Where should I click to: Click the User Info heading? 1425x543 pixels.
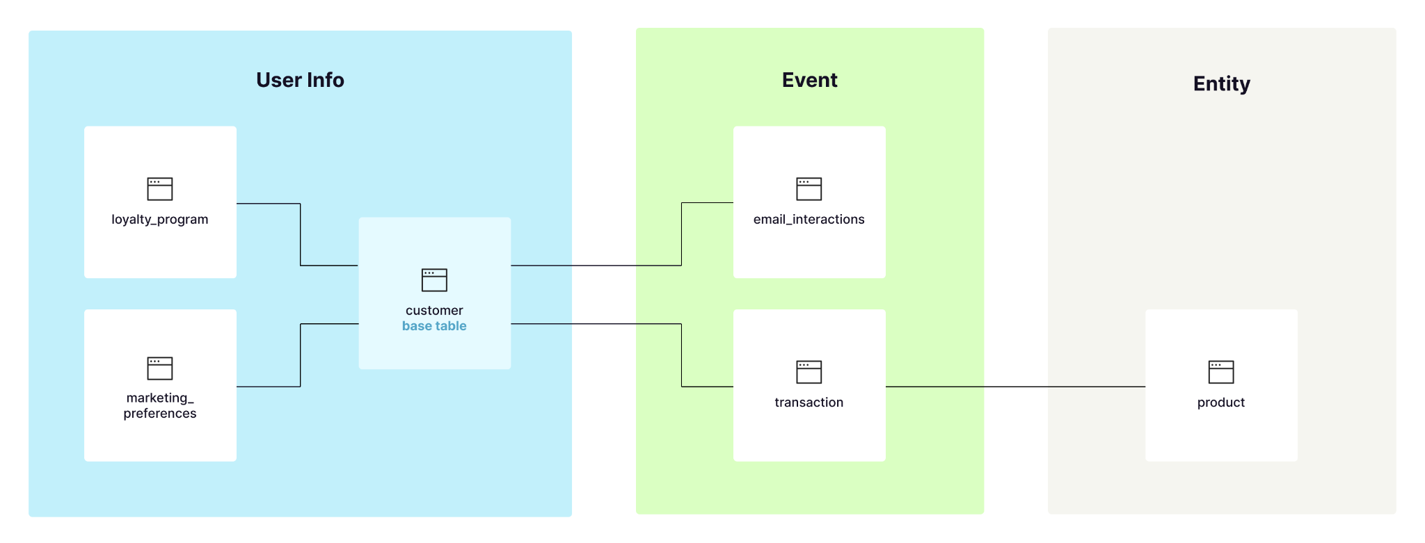coord(300,80)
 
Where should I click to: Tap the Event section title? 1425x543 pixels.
coord(809,80)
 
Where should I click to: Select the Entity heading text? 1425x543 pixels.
coord(1221,83)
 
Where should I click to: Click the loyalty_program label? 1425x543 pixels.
coord(159,220)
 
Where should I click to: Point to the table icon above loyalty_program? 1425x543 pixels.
coord(159,188)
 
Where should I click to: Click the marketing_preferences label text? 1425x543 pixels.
coord(159,405)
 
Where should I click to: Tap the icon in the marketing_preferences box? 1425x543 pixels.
coord(159,368)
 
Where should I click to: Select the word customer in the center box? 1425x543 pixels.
coord(434,310)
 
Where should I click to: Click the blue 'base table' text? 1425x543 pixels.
coord(434,326)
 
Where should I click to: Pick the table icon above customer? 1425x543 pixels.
coord(434,279)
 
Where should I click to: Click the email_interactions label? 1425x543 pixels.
coord(809,220)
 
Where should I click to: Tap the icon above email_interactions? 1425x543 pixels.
coord(809,188)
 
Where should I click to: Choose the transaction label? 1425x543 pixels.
coord(809,403)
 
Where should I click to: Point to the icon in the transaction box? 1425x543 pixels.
coord(809,372)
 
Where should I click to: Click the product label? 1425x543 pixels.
coord(1220,403)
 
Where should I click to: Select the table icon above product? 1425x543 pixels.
coord(1220,372)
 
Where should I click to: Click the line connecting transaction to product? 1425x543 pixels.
coord(1016,387)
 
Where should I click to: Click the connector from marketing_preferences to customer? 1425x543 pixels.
coord(301,355)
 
